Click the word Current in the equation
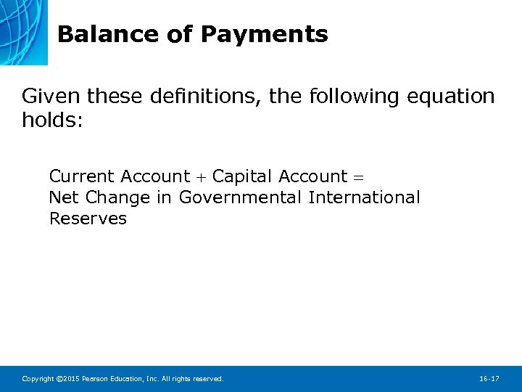tap(82, 176)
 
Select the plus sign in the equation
tap(201, 177)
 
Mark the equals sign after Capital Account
tap(360, 177)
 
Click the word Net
tap(64, 197)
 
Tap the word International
tap(364, 197)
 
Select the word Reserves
tap(88, 219)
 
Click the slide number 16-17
tap(489, 379)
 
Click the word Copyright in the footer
tap(36, 379)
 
